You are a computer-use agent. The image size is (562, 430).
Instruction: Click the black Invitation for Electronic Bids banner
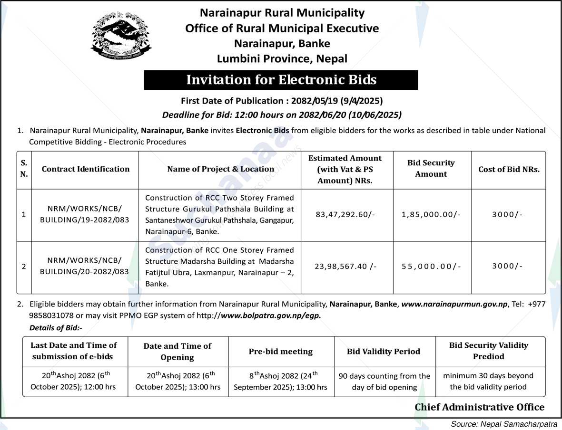(x=281, y=80)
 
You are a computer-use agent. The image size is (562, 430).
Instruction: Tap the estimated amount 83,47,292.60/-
(x=345, y=214)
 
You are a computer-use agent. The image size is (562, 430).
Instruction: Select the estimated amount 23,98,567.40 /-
(x=345, y=266)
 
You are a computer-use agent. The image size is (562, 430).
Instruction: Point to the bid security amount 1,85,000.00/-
(x=431, y=214)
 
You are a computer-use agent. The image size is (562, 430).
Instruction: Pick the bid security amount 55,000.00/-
(x=431, y=266)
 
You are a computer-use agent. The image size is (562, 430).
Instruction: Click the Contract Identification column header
(x=86, y=169)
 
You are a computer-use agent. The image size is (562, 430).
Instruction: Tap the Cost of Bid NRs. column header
(x=509, y=169)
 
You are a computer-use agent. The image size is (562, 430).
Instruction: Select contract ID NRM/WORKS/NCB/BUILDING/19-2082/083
(x=84, y=214)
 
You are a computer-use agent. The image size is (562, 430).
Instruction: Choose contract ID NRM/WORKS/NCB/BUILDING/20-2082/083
(x=84, y=266)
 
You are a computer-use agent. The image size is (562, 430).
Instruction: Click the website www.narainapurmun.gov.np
(x=455, y=304)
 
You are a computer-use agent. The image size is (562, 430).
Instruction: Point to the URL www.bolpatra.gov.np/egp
(x=271, y=315)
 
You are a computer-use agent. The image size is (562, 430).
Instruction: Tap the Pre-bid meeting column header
(x=281, y=352)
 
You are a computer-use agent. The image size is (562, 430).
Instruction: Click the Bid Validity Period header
(x=384, y=352)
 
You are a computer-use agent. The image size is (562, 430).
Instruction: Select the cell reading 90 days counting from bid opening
(x=384, y=382)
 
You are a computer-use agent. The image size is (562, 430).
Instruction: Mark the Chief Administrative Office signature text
(x=479, y=407)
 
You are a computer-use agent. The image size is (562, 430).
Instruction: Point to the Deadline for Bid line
(x=282, y=115)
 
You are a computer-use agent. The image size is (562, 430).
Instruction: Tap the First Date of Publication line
(x=282, y=101)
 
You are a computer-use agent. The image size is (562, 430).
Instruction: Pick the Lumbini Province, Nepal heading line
(x=282, y=59)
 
